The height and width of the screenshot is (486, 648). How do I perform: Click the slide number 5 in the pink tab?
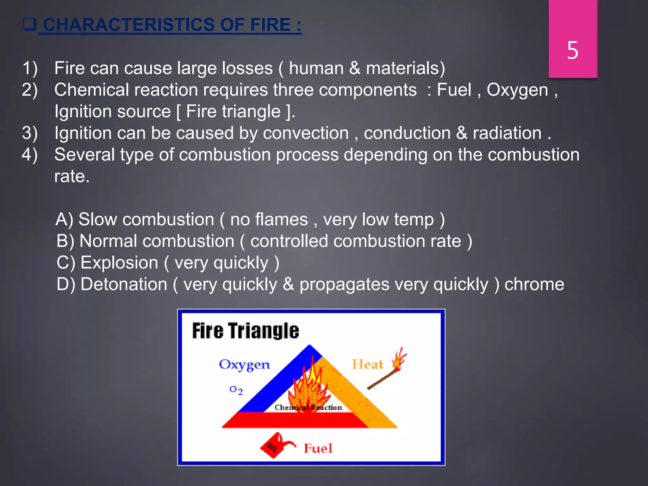point(572,51)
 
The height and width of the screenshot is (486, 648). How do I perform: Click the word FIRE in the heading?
point(270,25)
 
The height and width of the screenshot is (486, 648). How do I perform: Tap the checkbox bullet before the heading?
point(30,24)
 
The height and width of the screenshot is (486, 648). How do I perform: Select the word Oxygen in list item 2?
point(517,90)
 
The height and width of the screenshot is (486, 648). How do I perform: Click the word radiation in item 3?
point(507,133)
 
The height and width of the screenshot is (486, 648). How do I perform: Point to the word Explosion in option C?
point(119,263)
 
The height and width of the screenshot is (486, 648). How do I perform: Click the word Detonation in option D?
point(124,284)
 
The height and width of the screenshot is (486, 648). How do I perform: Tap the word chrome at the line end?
point(534,284)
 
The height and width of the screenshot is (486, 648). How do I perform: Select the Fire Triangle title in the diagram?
point(245,331)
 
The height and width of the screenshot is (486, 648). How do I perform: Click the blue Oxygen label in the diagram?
point(244,365)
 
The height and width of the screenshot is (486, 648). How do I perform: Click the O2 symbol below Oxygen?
point(236,390)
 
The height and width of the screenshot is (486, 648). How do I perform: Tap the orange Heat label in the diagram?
point(368,364)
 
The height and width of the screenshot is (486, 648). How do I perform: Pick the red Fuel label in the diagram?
point(318,448)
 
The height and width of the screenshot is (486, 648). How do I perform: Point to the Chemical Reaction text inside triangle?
point(308,408)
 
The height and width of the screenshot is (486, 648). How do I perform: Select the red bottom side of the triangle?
point(294,420)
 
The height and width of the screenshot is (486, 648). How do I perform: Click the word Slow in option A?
point(97,220)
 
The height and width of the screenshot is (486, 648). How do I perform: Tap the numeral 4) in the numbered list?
point(30,155)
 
